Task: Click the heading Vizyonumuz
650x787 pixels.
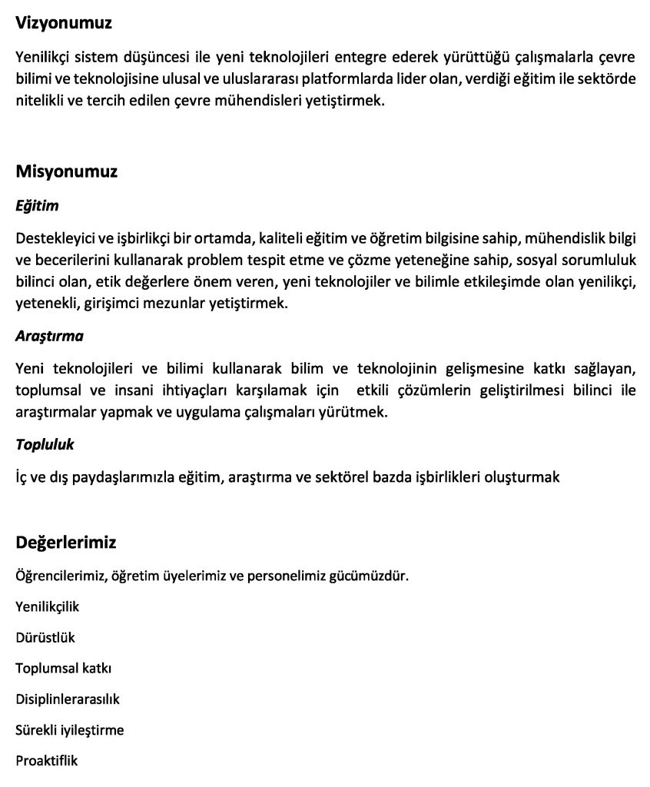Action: tap(64, 23)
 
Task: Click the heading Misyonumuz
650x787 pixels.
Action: tap(66, 171)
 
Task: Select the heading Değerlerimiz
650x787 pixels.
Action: tap(65, 543)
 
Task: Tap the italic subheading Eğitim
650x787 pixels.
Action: tap(37, 206)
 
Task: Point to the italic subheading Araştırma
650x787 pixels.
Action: tap(49, 336)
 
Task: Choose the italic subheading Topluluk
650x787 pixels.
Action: tap(45, 444)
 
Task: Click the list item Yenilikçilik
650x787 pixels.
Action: tap(47, 606)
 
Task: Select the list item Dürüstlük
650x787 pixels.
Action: tap(45, 637)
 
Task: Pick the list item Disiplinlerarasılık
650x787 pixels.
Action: tap(68, 699)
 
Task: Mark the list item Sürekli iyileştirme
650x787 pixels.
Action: tap(69, 730)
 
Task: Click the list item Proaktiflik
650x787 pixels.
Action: tap(46, 761)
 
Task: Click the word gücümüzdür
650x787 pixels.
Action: tap(368, 575)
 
